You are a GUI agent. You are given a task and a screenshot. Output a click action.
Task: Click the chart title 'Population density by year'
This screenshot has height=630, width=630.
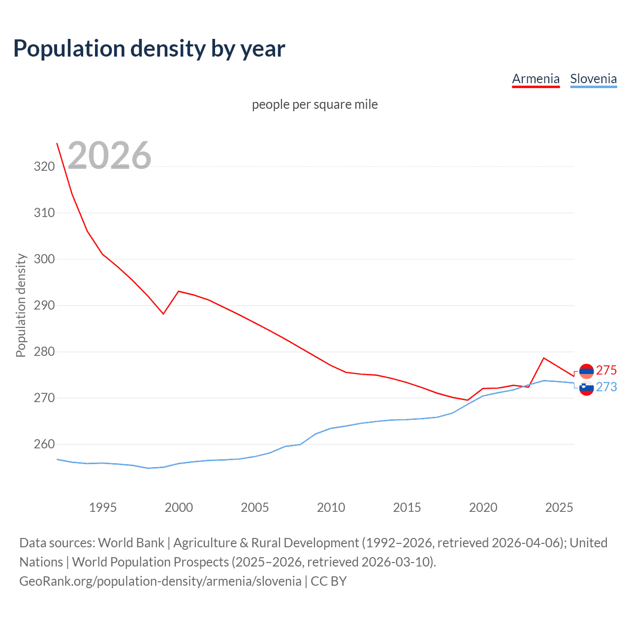click(x=149, y=49)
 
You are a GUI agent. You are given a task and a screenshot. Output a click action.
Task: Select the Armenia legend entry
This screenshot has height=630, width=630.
click(x=535, y=79)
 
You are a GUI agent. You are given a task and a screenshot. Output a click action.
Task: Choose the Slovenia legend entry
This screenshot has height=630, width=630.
click(x=593, y=79)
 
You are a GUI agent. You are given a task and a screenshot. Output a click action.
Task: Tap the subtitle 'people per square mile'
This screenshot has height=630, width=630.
click(x=315, y=105)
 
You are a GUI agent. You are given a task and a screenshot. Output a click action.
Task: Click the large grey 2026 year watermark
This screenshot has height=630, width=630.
click(x=109, y=156)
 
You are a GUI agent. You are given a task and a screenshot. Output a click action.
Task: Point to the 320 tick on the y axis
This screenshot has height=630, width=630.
click(x=44, y=167)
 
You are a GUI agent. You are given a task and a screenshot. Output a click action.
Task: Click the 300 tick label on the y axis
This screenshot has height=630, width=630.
click(x=44, y=259)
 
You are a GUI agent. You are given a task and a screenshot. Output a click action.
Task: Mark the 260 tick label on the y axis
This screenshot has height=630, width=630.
click(x=44, y=444)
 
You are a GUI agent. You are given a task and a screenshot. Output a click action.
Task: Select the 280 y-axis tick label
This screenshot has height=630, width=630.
click(x=44, y=352)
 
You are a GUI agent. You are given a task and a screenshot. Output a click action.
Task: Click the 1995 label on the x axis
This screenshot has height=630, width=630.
click(x=102, y=507)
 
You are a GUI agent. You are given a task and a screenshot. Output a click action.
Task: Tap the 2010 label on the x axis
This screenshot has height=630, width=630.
click(x=331, y=507)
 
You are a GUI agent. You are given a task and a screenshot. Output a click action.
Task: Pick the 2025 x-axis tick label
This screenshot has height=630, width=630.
click(x=559, y=507)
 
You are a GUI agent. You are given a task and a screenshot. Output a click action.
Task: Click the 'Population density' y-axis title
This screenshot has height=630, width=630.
click(x=21, y=305)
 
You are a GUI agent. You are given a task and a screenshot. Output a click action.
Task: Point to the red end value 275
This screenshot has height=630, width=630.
click(x=606, y=370)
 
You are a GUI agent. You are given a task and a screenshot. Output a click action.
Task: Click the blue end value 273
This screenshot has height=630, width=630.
click(x=606, y=387)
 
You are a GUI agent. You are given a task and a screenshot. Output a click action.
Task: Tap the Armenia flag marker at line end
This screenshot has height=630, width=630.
click(x=586, y=371)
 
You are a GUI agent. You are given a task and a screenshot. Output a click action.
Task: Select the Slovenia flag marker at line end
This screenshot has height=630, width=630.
click(x=586, y=388)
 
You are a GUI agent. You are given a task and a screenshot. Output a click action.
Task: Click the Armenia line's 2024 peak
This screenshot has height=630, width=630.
click(x=543, y=358)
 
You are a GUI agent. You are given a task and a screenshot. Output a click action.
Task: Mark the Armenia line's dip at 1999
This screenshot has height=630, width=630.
click(x=163, y=314)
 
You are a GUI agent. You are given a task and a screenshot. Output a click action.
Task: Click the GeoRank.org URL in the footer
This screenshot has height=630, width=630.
click(x=160, y=581)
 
